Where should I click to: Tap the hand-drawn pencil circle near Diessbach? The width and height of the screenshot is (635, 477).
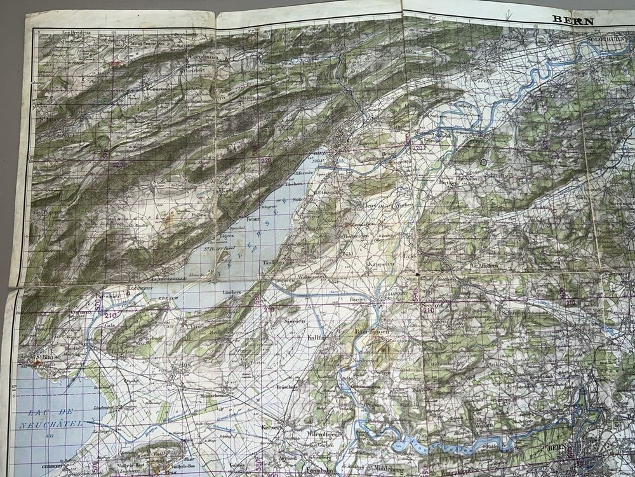point(485,162)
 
